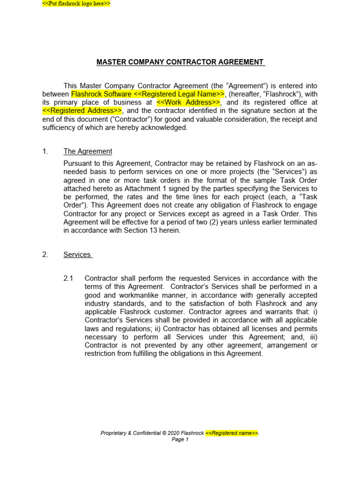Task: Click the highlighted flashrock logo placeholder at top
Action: pyautogui.click(x=76, y=4)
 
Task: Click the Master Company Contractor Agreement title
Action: pyautogui.click(x=180, y=62)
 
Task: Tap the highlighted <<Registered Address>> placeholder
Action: pyautogui.click(x=82, y=111)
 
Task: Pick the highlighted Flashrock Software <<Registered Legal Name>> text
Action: pyautogui.click(x=148, y=94)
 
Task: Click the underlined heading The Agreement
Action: pyautogui.click(x=88, y=151)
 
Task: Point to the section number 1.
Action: pyautogui.click(x=45, y=151)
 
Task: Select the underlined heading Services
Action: pyautogui.click(x=77, y=255)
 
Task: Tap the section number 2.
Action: pyautogui.click(x=45, y=255)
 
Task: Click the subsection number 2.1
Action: pyautogui.click(x=68, y=278)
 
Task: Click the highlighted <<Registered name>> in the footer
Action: pyautogui.click(x=232, y=433)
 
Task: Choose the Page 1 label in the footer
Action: pyautogui.click(x=180, y=440)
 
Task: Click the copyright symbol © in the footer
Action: pyautogui.click(x=165, y=433)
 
